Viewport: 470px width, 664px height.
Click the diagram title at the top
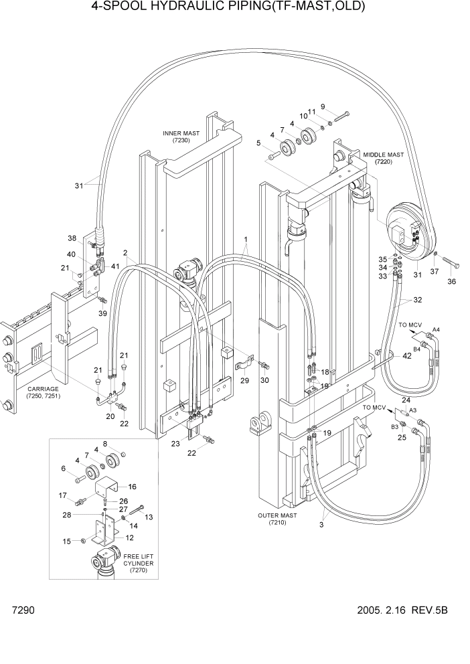(235, 8)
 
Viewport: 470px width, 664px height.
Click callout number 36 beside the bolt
(451, 282)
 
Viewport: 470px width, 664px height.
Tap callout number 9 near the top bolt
(323, 106)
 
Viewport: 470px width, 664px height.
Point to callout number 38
(72, 238)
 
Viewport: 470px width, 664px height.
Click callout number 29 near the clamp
(244, 380)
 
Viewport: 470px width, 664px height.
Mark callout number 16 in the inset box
(132, 487)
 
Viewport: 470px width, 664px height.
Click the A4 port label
(436, 330)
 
